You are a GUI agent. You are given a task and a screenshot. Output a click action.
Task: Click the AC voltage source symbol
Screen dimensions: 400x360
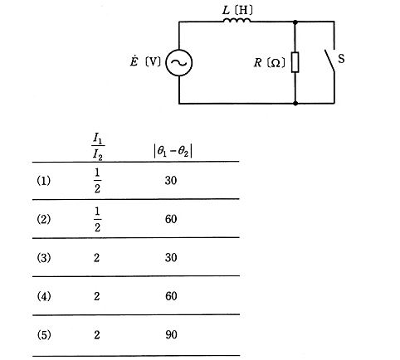(x=179, y=63)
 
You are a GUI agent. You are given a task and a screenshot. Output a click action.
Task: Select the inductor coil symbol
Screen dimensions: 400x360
(x=237, y=20)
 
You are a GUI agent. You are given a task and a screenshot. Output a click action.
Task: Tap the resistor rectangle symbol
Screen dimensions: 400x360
(x=295, y=62)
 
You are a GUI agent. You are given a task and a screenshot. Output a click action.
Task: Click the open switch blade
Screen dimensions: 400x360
(x=329, y=61)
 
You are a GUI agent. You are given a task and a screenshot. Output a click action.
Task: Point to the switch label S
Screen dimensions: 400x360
(x=341, y=59)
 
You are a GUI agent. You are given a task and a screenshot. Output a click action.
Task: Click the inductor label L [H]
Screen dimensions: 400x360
(x=237, y=11)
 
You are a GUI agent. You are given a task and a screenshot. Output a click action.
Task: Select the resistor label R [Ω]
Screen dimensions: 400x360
(x=270, y=63)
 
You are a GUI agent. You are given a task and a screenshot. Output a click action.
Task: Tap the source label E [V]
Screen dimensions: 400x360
(x=145, y=61)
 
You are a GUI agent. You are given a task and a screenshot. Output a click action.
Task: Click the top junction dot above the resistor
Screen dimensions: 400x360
(x=295, y=22)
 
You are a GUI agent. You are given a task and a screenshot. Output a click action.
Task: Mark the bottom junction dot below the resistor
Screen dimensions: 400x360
(x=295, y=103)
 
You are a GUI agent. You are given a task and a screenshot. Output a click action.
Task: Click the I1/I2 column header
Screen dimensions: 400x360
(x=98, y=147)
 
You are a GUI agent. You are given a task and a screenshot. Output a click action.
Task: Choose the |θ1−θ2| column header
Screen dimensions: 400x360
(x=173, y=152)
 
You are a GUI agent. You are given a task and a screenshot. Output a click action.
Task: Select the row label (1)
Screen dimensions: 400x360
(x=44, y=181)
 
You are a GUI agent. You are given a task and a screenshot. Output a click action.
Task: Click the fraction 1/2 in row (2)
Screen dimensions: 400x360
(x=97, y=220)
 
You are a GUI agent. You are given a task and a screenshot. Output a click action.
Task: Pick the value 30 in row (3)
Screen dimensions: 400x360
(x=171, y=258)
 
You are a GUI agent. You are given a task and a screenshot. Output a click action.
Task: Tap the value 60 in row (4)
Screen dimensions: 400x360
(x=171, y=296)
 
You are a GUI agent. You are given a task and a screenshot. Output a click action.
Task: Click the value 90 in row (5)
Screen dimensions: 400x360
(x=171, y=335)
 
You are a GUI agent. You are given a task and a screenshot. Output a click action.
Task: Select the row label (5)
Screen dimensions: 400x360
(x=44, y=335)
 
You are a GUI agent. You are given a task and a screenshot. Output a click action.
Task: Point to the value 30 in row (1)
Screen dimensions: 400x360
(x=171, y=181)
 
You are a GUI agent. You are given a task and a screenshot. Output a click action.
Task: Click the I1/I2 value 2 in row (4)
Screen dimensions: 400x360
(x=96, y=296)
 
